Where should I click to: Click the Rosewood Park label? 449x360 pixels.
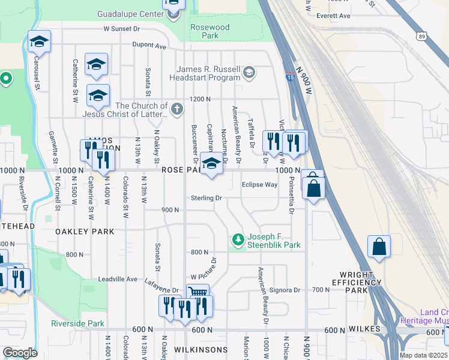click(209, 31)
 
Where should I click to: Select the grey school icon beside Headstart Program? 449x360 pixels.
click(249, 73)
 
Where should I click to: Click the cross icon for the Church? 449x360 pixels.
click(176, 109)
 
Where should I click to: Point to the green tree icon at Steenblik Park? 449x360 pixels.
click(238, 240)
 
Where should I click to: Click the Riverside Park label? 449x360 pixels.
click(77, 323)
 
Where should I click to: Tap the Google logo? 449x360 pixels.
click(20, 353)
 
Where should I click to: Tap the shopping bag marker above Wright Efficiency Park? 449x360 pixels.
click(379, 247)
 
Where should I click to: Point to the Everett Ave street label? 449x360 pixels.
click(333, 16)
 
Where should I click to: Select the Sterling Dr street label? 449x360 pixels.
click(206, 198)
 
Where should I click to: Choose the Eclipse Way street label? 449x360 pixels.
click(259, 185)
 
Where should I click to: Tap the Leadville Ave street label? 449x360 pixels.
click(118, 279)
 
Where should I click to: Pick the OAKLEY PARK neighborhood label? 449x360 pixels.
click(85, 231)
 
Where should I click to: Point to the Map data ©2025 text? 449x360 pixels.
click(423, 355)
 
